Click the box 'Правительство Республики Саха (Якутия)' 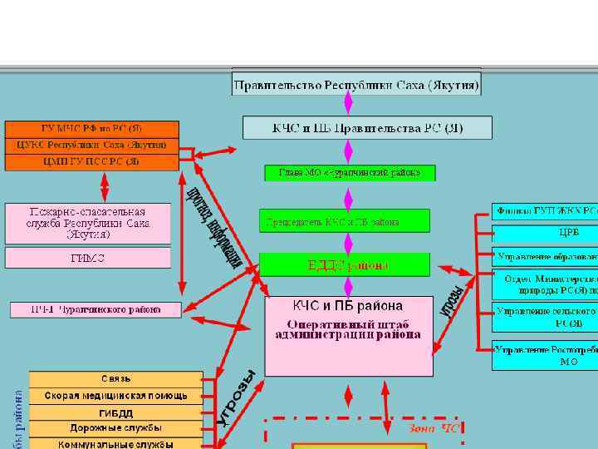coord(356,84)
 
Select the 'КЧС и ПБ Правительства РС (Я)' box coord(367,127)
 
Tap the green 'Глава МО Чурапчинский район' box coord(349,173)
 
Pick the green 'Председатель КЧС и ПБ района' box coord(344,221)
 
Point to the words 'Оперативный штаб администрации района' coord(348,329)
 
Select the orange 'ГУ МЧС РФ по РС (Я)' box coord(92,129)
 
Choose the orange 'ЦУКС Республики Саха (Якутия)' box coord(92,145)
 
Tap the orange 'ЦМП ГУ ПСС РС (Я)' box coord(92,161)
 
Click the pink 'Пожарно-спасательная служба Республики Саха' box coord(88,223)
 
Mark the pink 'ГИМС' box coord(88,258)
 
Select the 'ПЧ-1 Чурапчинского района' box coord(96,309)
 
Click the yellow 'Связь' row coord(115,379)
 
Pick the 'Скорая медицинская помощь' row coord(115,396)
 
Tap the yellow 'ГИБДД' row coord(115,412)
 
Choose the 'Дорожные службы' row coord(115,428)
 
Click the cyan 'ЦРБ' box coord(545,232)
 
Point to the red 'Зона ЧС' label coord(433,429)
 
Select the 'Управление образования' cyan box coord(545,256)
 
